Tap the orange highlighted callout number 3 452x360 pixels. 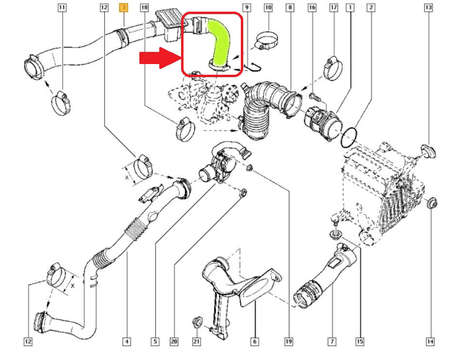click(x=124, y=8)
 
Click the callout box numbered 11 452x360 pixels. click(x=62, y=8)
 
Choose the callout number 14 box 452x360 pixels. click(x=430, y=342)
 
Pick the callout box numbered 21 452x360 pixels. click(x=196, y=342)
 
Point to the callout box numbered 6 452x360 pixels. click(x=254, y=342)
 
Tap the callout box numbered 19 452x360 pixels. click(x=288, y=342)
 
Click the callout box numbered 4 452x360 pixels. click(x=126, y=342)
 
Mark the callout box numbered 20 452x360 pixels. click(x=174, y=342)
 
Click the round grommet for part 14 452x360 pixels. click(x=431, y=203)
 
